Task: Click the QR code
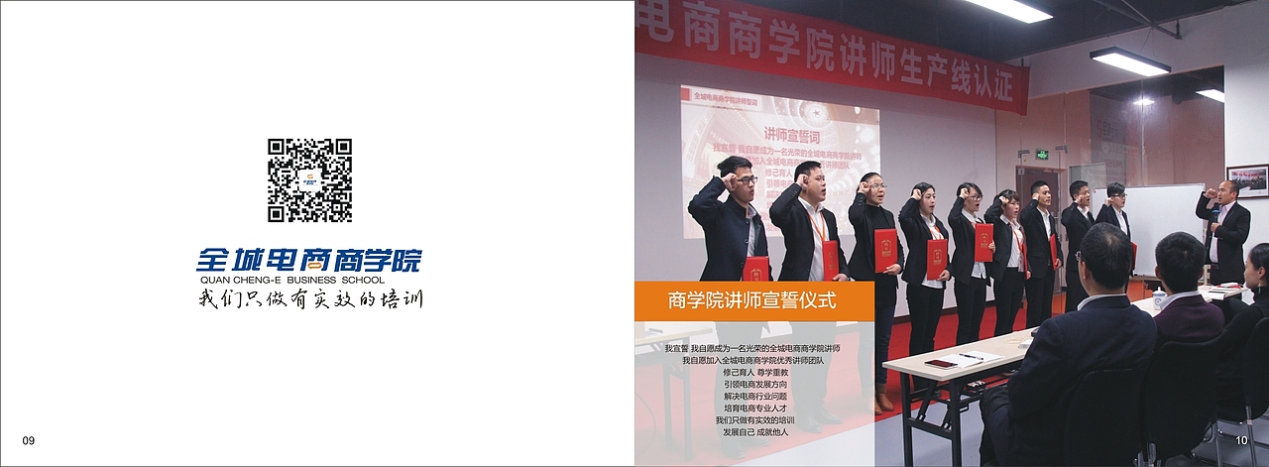[309, 179]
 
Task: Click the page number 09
[28, 440]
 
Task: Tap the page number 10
[1241, 440]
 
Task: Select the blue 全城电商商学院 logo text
[308, 260]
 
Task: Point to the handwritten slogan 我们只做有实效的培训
[309, 298]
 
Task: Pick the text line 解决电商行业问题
[756, 397]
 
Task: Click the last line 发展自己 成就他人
[756, 432]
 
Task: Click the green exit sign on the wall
[1042, 155]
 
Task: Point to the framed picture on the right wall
[1246, 180]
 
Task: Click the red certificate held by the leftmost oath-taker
[756, 268]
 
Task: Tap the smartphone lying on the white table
[941, 363]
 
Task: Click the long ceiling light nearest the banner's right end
[1129, 61]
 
